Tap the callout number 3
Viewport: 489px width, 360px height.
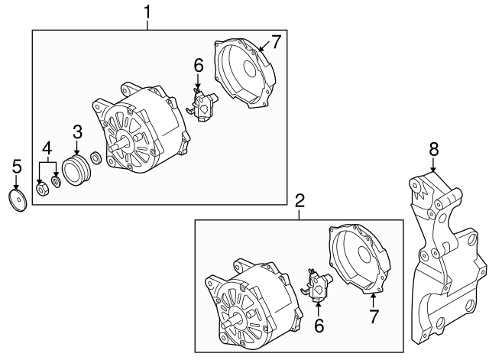[77, 131]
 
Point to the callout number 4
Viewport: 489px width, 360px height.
[47, 147]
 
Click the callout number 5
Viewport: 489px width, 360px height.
[16, 165]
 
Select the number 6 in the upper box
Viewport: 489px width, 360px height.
[199, 67]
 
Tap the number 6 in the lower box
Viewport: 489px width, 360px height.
[319, 326]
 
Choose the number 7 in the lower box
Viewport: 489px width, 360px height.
[374, 315]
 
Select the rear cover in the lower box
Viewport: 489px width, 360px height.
[356, 260]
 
